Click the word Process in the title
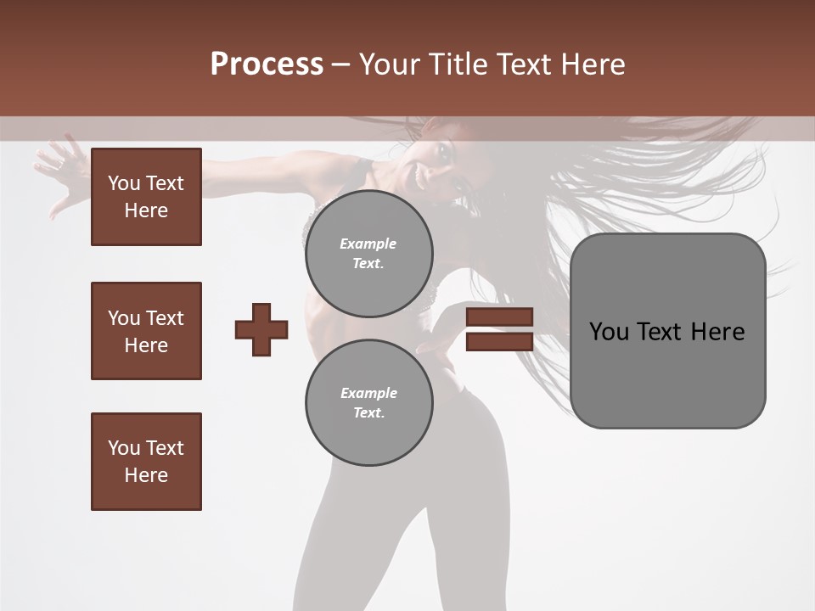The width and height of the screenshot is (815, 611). click(x=267, y=64)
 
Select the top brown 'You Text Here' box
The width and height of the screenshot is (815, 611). click(x=146, y=197)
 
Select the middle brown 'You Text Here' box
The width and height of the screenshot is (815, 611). click(x=146, y=331)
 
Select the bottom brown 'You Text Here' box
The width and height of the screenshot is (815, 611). click(x=146, y=462)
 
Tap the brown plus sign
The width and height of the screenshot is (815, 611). click(x=261, y=329)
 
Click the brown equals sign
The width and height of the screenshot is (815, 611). click(x=499, y=329)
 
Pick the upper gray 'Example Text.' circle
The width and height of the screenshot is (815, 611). click(x=368, y=253)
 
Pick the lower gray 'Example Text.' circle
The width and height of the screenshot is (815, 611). click(x=368, y=402)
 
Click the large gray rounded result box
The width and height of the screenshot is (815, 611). click(x=667, y=330)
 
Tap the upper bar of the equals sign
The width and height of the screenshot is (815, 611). click(x=499, y=317)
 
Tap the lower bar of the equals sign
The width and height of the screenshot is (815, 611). click(x=499, y=342)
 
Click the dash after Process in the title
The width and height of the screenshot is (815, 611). click(x=340, y=64)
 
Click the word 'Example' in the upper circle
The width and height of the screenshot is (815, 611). click(x=368, y=244)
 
